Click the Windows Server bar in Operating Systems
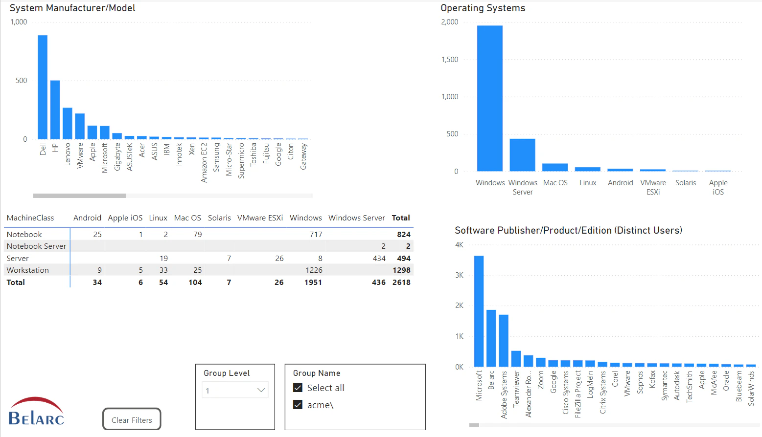[522, 155]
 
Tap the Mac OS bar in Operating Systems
[555, 167]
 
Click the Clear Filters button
[132, 420]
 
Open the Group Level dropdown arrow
[261, 390]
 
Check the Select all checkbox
[298, 388]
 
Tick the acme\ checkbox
[298, 405]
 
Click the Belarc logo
[36, 412]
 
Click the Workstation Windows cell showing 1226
[314, 270]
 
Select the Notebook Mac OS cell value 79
[197, 235]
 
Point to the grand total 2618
[401, 283]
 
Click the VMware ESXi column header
[260, 218]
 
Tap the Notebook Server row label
[36, 246]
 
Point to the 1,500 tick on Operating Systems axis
[450, 60]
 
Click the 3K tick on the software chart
[459, 275]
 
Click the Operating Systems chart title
[483, 8]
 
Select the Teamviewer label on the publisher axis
[516, 389]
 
